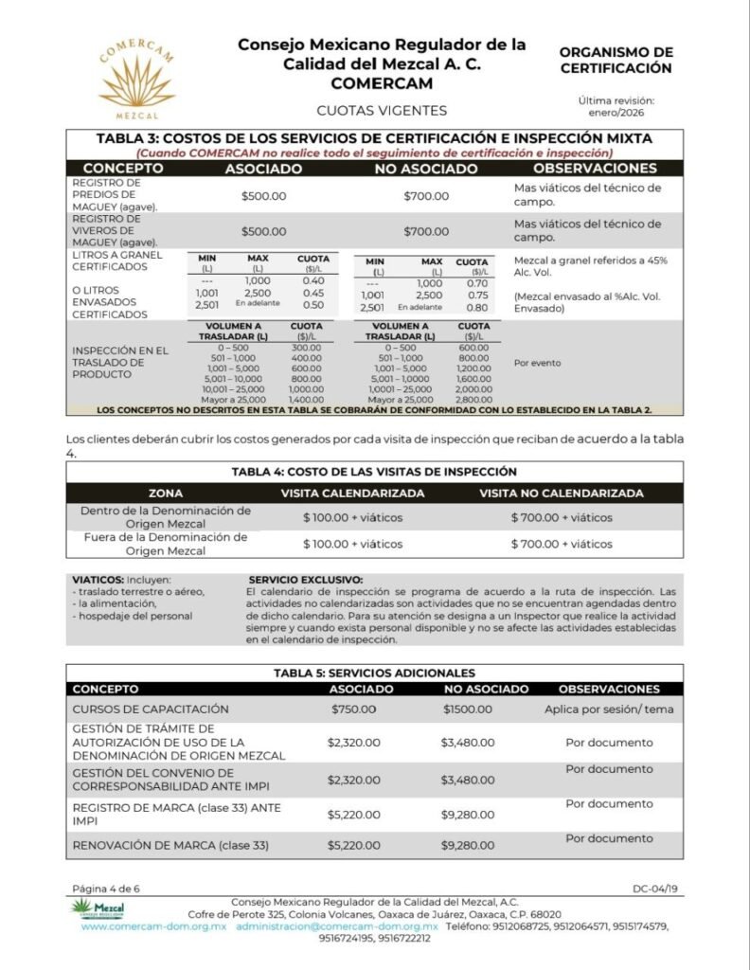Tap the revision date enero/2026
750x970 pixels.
tap(616, 113)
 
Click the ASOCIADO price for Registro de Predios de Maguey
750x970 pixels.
tap(263, 196)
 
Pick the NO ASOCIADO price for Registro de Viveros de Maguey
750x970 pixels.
tap(426, 231)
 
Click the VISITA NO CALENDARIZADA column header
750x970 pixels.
tap(562, 493)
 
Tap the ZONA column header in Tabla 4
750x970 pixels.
tap(166, 493)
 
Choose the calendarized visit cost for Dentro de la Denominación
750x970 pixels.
tap(352, 517)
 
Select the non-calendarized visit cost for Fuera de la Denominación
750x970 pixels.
tap(562, 544)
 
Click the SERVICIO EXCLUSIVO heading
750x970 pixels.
tap(305, 580)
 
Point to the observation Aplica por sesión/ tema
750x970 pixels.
tap(609, 709)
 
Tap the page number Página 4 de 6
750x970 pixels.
tap(105, 889)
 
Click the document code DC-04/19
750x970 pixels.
tap(655, 889)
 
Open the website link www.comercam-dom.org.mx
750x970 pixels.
tap(154, 926)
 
